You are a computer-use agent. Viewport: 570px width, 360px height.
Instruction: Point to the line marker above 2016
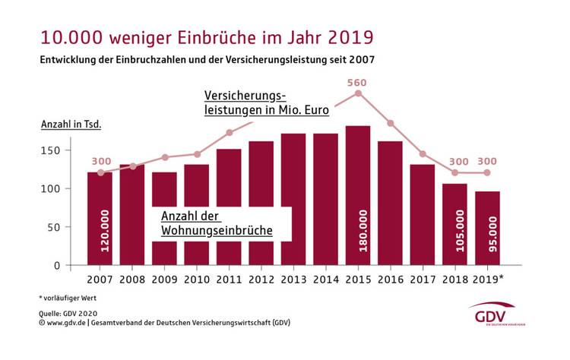click(391, 123)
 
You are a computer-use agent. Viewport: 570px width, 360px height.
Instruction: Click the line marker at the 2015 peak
click(358, 93)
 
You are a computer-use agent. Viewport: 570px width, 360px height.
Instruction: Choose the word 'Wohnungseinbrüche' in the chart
click(216, 229)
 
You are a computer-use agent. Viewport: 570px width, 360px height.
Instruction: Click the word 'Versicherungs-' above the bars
click(243, 96)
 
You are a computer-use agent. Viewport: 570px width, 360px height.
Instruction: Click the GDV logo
click(492, 315)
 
